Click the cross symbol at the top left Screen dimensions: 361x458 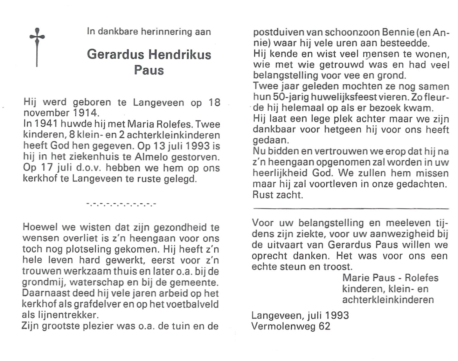click(37, 47)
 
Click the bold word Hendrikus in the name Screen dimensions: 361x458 click(180, 55)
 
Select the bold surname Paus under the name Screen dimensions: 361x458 click(149, 70)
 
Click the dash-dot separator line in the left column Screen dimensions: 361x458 click(121, 204)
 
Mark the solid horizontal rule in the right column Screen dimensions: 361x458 click(351, 208)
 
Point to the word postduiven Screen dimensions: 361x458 click(276, 32)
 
